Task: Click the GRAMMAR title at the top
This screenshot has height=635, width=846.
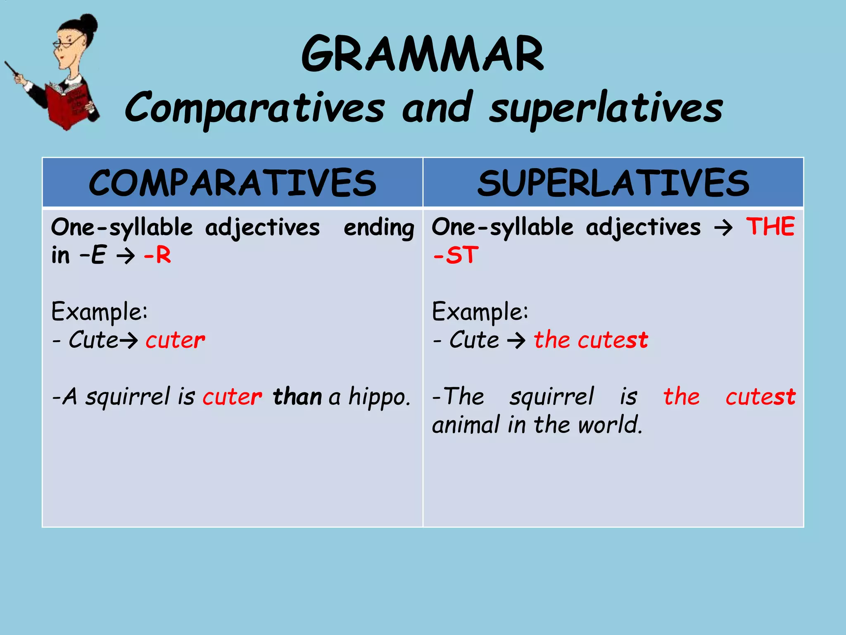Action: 423,54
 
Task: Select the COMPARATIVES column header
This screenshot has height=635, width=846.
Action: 233,183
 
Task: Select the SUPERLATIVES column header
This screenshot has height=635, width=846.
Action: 613,183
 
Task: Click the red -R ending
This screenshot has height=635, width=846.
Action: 157,255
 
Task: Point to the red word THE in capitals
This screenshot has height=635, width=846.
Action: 770,227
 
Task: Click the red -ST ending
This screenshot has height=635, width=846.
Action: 456,255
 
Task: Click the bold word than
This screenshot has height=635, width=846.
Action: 297,397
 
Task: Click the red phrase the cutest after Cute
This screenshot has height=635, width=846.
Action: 591,340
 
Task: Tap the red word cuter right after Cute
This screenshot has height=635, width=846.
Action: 175,340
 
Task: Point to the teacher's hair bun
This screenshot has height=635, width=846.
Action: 88,23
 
